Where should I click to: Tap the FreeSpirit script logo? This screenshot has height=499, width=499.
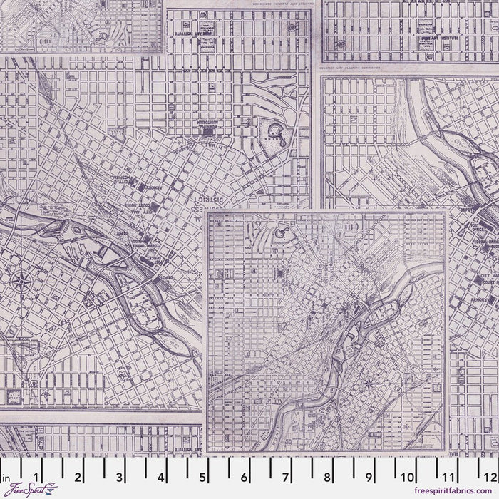(21, 490)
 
